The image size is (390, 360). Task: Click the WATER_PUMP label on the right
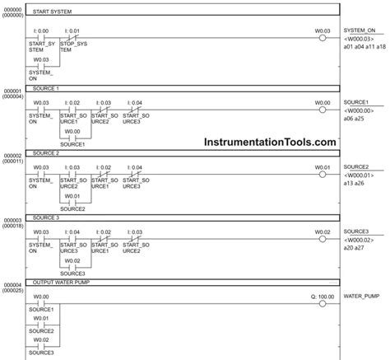point(359,295)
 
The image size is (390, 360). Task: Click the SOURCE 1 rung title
point(46,86)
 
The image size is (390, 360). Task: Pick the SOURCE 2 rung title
point(46,153)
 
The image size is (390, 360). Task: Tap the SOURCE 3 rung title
point(46,217)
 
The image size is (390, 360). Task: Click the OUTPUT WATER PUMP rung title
point(63,282)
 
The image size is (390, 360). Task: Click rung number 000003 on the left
point(12,220)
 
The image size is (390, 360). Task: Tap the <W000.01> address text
point(360,174)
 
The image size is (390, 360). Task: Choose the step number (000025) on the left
point(12,291)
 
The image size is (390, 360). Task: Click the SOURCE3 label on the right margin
point(356,232)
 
